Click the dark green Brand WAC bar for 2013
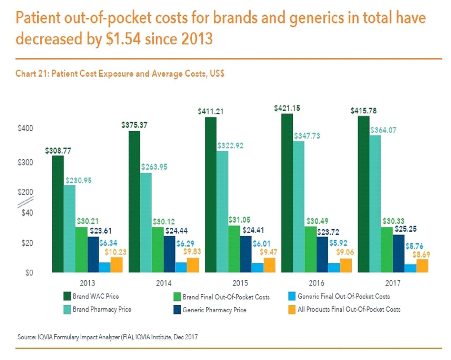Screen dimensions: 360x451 58,214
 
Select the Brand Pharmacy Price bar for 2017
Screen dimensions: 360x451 375,204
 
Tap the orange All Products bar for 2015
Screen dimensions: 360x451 269,265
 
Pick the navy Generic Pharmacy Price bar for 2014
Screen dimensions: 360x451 169,254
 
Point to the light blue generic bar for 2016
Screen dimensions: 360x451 334,268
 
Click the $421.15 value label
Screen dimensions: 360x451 287,108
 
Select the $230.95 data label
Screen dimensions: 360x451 78,180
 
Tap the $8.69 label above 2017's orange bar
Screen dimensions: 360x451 421,254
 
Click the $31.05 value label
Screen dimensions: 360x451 239,220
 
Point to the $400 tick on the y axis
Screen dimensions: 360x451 25,128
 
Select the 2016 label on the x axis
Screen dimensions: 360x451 316,283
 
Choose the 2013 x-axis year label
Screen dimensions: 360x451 87,283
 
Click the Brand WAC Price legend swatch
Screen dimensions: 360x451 67,296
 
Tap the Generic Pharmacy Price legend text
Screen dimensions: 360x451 214,310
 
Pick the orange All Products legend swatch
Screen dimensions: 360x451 292,310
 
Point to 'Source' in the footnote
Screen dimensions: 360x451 26,337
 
